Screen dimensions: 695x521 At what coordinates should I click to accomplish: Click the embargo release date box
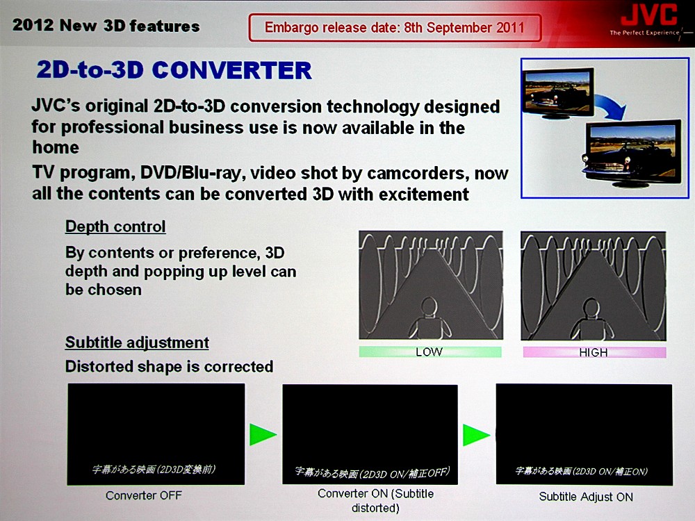(x=395, y=28)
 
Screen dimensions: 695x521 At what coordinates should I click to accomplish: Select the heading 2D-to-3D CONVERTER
(x=174, y=70)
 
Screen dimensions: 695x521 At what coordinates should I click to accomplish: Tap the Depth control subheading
(x=115, y=226)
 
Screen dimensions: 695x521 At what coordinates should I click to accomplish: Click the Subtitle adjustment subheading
(x=137, y=342)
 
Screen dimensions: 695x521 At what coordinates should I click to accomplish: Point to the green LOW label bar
(x=430, y=352)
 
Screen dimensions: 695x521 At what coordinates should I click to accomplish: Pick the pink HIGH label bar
(x=594, y=353)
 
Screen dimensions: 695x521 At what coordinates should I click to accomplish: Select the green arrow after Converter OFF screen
(x=263, y=434)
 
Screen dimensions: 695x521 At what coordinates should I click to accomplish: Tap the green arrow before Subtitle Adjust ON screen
(x=476, y=435)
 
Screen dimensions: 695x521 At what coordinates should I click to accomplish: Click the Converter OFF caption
(x=144, y=495)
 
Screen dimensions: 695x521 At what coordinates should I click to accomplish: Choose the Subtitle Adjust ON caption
(x=586, y=497)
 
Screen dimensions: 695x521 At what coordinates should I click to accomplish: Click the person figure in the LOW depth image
(x=429, y=318)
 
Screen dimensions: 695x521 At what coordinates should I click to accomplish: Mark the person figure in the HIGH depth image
(x=591, y=319)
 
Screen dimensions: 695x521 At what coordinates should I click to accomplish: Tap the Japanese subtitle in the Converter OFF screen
(x=154, y=469)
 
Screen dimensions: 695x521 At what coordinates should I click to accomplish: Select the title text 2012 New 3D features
(x=106, y=26)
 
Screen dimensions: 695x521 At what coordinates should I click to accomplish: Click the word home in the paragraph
(x=56, y=147)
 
